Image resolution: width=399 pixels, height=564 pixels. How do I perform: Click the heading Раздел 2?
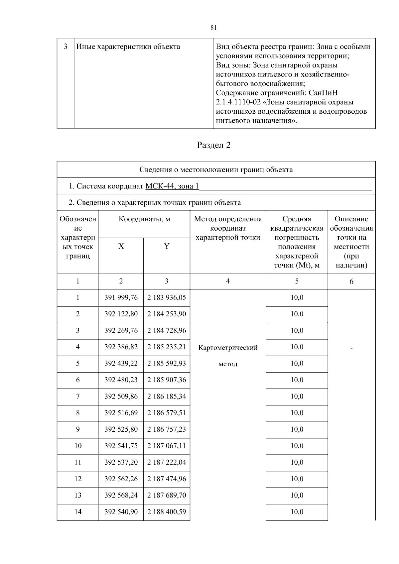[x=214, y=145]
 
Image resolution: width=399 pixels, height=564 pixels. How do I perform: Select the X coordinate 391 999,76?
[x=121, y=297]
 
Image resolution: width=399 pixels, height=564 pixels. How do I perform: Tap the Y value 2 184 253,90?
[x=167, y=314]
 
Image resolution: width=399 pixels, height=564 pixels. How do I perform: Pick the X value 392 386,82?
[x=121, y=347]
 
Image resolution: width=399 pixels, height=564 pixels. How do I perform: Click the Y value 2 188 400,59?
[x=167, y=512]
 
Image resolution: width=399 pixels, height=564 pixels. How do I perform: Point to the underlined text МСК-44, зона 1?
[x=172, y=186]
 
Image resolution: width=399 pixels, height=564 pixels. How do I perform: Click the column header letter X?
[x=121, y=246]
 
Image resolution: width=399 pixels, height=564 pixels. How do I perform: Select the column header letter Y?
[x=167, y=246]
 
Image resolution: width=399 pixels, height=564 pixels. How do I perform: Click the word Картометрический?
[x=228, y=348]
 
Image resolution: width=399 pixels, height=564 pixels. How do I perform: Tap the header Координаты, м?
[x=144, y=219]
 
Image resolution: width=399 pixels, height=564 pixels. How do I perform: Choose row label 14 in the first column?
[x=78, y=512]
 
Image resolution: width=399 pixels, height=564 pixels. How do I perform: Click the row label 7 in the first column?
[x=78, y=396]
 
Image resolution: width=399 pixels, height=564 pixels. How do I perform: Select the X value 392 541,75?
[x=121, y=446]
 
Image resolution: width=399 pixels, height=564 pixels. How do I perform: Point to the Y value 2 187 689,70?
[x=167, y=495]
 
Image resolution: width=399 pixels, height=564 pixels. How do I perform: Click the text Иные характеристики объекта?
[x=128, y=47]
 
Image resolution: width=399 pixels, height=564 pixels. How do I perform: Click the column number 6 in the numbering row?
[x=351, y=282]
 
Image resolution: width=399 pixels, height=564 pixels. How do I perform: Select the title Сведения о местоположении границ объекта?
[x=216, y=170]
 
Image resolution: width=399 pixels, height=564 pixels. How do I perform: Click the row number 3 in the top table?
[x=66, y=47]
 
